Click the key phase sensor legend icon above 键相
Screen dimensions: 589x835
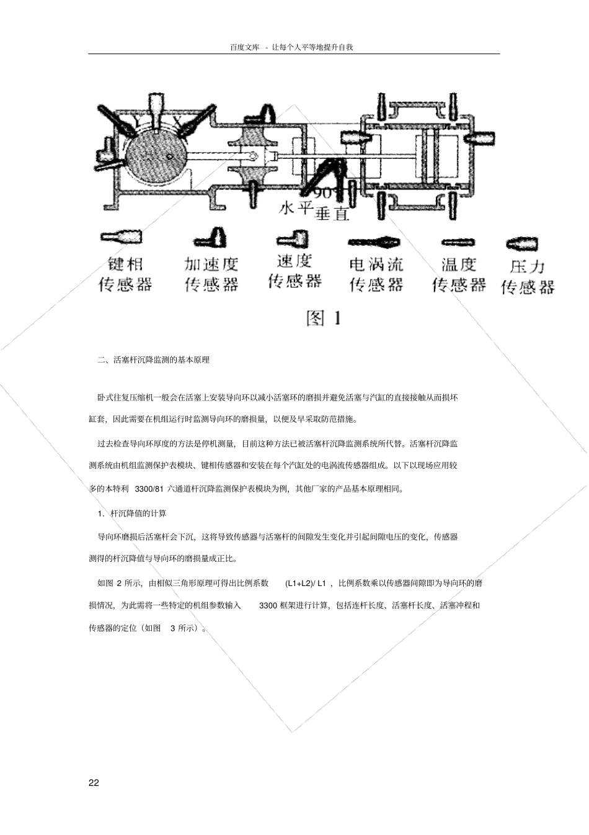click(x=120, y=237)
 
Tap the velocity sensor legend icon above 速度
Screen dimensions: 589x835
click(x=293, y=239)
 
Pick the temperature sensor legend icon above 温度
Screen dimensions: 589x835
click(x=458, y=242)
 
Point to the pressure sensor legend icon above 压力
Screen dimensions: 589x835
click(x=521, y=243)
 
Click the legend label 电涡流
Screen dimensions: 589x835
click(x=376, y=264)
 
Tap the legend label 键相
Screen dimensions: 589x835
click(x=125, y=264)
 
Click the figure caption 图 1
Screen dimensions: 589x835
click(x=324, y=318)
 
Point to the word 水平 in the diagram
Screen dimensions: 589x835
click(x=294, y=207)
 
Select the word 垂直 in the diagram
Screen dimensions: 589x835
click(x=332, y=214)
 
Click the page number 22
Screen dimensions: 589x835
click(x=94, y=782)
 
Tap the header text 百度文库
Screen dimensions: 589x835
click(x=244, y=47)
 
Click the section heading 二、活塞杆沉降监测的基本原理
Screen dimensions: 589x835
click(x=154, y=359)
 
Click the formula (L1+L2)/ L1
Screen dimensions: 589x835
click(x=306, y=584)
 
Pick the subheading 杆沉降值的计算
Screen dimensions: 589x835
click(x=138, y=513)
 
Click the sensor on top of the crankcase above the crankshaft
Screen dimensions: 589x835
click(x=156, y=109)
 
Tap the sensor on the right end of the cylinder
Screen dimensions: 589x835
click(x=483, y=138)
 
